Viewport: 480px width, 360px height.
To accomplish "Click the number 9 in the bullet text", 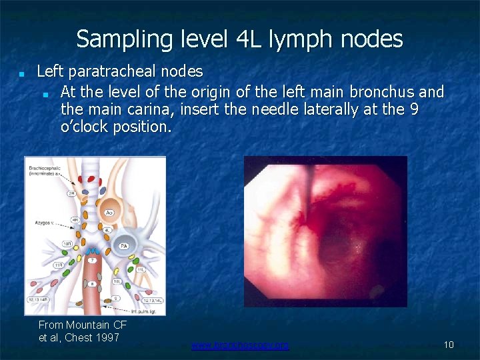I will [x=414, y=109].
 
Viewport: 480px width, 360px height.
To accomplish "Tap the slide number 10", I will [x=449, y=345].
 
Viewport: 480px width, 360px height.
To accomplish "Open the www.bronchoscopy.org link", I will [x=240, y=345].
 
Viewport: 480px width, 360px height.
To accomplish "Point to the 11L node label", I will [x=141, y=269].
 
